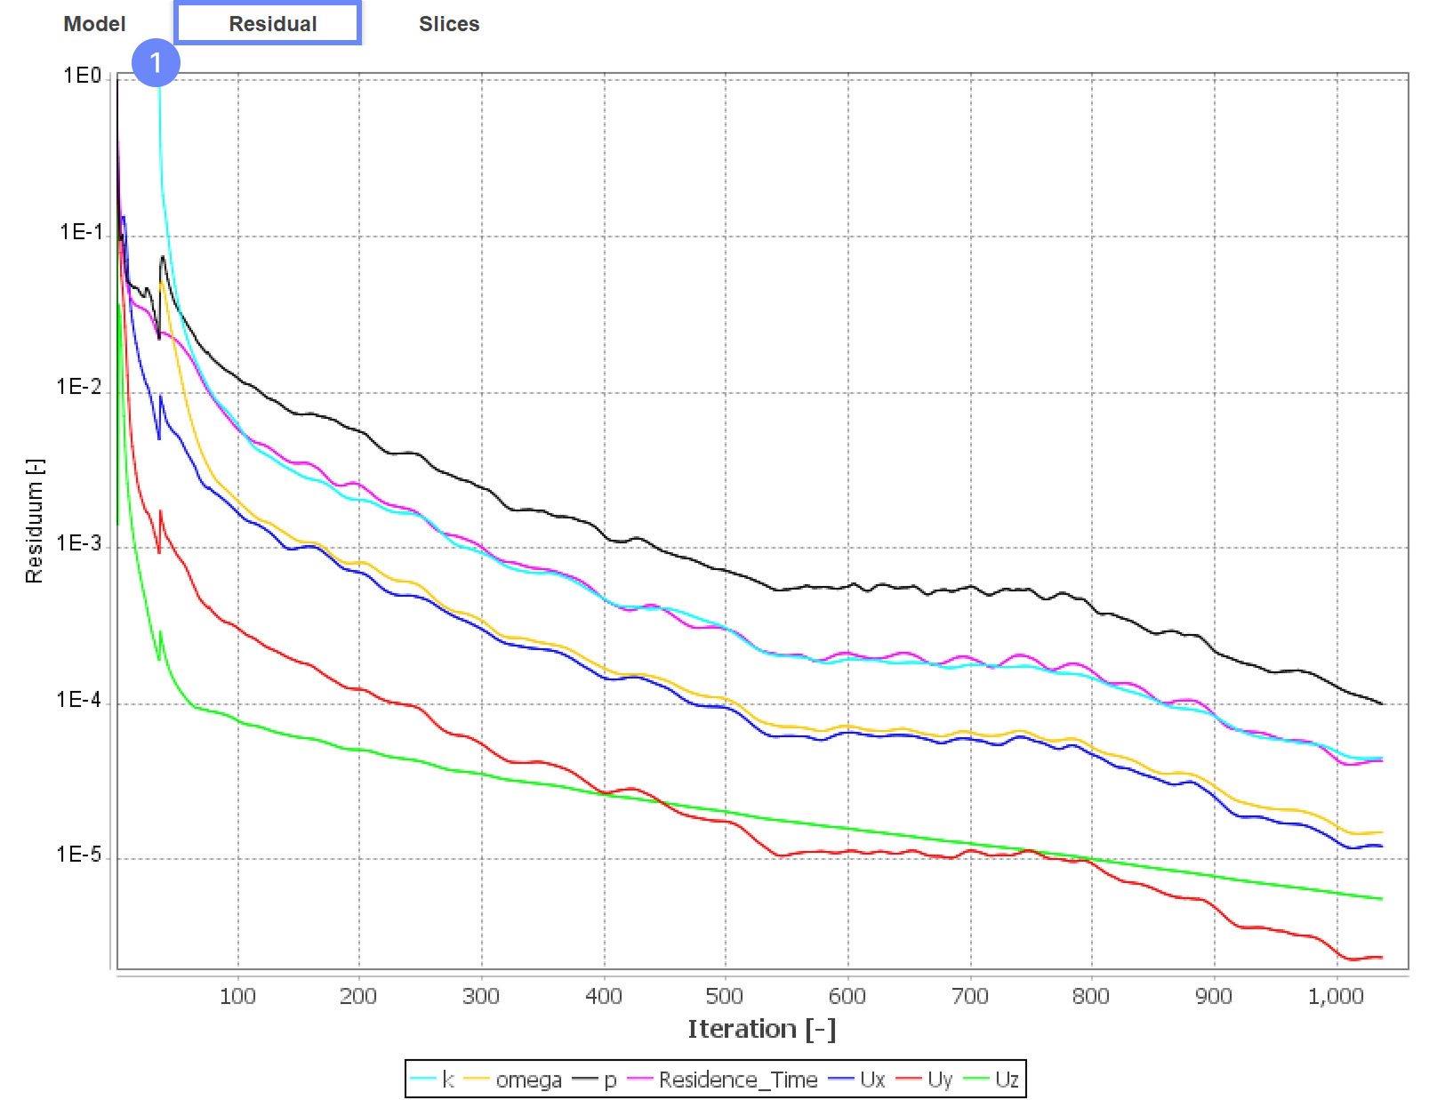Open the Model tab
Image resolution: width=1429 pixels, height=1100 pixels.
coord(94,24)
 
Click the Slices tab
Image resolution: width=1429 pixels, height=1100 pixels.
coord(449,24)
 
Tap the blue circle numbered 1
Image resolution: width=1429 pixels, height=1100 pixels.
coord(156,62)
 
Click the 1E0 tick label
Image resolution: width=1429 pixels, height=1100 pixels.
coord(82,76)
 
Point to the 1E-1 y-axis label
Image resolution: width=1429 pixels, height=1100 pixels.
coord(81,233)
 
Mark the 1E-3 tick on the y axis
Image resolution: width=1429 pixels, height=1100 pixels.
coord(79,544)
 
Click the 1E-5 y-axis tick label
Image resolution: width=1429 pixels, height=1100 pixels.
coord(79,855)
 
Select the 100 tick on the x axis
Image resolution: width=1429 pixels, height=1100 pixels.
coord(237,996)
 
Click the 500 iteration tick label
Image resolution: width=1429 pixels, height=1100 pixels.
coord(725,996)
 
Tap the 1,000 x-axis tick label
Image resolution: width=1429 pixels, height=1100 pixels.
coord(1336,996)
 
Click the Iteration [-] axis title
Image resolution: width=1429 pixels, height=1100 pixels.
coord(762,1030)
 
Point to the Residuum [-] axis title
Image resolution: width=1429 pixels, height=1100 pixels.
coord(34,521)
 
